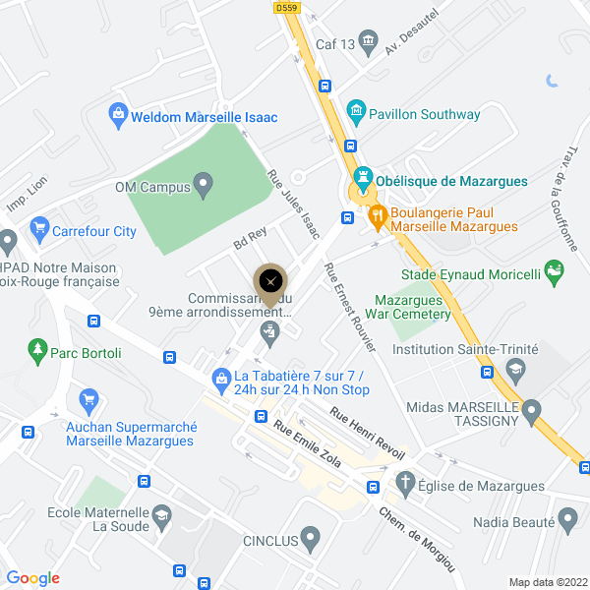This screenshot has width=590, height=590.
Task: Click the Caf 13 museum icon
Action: pos(369,41)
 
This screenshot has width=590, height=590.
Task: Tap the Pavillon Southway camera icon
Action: pos(355,114)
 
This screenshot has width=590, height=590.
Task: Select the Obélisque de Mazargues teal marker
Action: pos(363,180)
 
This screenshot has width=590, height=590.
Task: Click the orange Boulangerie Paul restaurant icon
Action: pos(376,217)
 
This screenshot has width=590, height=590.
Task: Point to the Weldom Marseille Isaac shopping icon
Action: pos(118,116)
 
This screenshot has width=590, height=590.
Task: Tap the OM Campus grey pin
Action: pos(204,184)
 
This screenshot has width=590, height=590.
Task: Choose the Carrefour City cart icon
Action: pos(39,231)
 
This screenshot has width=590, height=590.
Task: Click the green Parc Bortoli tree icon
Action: pos(37,350)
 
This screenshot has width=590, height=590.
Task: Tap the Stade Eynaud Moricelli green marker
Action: pos(556,268)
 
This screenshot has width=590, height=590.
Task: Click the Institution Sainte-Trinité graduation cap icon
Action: pos(514,370)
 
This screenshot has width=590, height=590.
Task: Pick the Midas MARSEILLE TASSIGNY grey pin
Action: pos(532,408)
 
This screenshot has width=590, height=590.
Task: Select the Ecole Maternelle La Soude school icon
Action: pos(160,515)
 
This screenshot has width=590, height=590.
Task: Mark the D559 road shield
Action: pos(286,7)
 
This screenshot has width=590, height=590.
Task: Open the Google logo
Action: pos(32,578)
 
